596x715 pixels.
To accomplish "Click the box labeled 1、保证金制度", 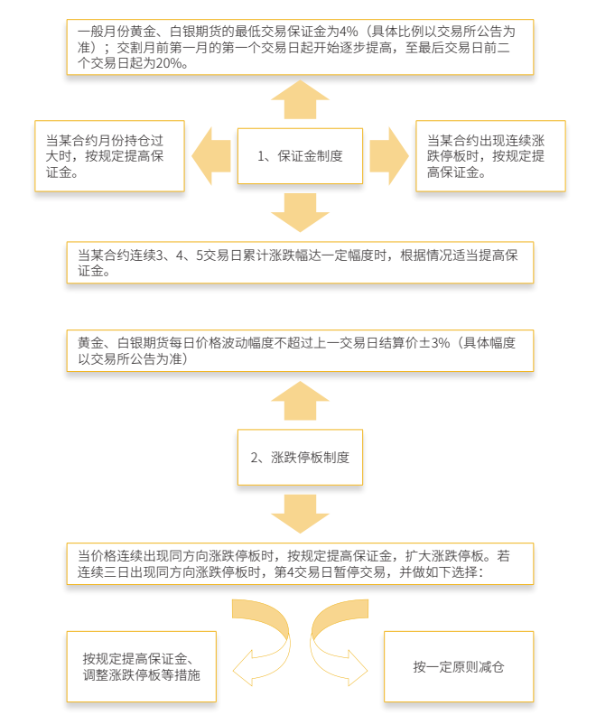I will [300, 156].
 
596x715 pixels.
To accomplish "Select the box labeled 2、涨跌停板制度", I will [300, 457].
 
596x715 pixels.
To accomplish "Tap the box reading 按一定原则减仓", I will [459, 667].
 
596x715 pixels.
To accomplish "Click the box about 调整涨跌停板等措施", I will [142, 667].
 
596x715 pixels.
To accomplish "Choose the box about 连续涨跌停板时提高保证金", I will [490, 156].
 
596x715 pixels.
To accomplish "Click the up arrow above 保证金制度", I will [300, 99].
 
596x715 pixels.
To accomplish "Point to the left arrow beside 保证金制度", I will [210, 156].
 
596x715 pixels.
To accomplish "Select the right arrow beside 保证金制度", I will [389, 156].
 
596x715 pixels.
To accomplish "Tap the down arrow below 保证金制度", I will [300, 213].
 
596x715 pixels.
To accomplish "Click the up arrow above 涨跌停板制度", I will [300, 399].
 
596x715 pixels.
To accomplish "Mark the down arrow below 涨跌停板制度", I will [300, 513].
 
